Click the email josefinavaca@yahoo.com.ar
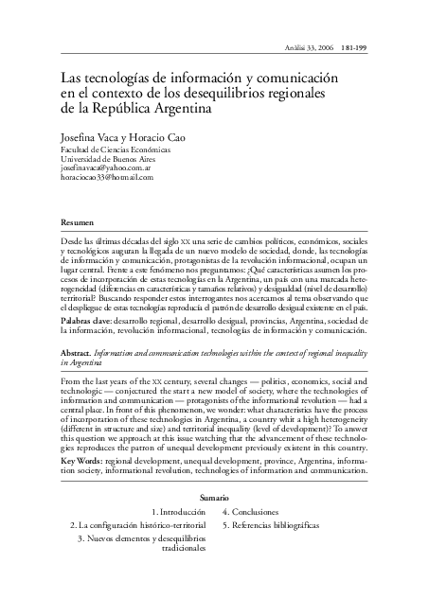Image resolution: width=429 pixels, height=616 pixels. click(x=109, y=168)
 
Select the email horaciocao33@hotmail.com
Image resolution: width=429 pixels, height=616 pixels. click(x=106, y=177)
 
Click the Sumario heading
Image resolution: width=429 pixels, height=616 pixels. click(x=214, y=498)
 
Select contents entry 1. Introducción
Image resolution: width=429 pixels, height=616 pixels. click(x=178, y=512)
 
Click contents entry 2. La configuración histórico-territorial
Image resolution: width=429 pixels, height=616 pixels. click(x=137, y=524)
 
